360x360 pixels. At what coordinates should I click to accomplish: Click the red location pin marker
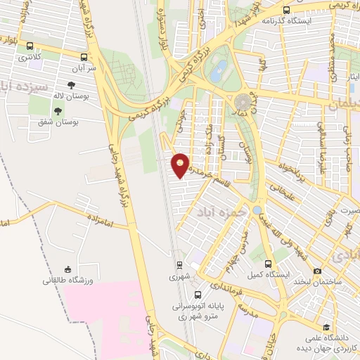coord(181,165)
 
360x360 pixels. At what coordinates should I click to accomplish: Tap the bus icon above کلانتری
coord(29,46)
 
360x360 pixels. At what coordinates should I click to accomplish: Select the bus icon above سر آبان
coord(84,58)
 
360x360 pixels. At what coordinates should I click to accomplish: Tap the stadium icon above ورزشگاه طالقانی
coord(67,269)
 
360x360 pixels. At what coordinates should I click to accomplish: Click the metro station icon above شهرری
coord(179,265)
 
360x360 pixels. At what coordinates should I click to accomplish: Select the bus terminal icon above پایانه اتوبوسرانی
coord(197,295)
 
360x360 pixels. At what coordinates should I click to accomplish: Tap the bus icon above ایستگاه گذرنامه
coord(286,10)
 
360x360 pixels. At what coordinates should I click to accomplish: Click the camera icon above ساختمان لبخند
coord(318,271)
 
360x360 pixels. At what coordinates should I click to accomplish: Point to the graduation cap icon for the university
coord(326,326)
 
